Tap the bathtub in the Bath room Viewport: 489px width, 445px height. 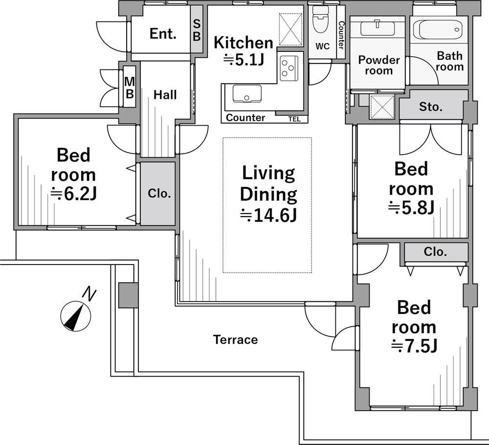[x=438, y=30]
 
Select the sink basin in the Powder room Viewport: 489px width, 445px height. [x=378, y=28]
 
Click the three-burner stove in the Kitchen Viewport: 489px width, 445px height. [x=289, y=68]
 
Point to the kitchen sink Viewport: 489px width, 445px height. [x=247, y=93]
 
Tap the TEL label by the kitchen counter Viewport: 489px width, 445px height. [x=294, y=119]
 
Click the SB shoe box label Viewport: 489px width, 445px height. [x=197, y=30]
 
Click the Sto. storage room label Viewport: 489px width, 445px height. [x=431, y=107]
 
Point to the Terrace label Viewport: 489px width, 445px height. [x=236, y=339]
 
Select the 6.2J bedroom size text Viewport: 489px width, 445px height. [x=74, y=194]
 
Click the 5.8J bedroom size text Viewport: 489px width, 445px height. [x=411, y=207]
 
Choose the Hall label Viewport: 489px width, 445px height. [x=165, y=94]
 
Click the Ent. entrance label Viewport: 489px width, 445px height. [x=163, y=33]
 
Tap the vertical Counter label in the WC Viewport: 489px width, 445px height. [x=341, y=35]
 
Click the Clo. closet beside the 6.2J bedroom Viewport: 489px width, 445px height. [x=157, y=193]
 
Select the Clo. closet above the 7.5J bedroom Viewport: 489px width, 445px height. [x=436, y=252]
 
